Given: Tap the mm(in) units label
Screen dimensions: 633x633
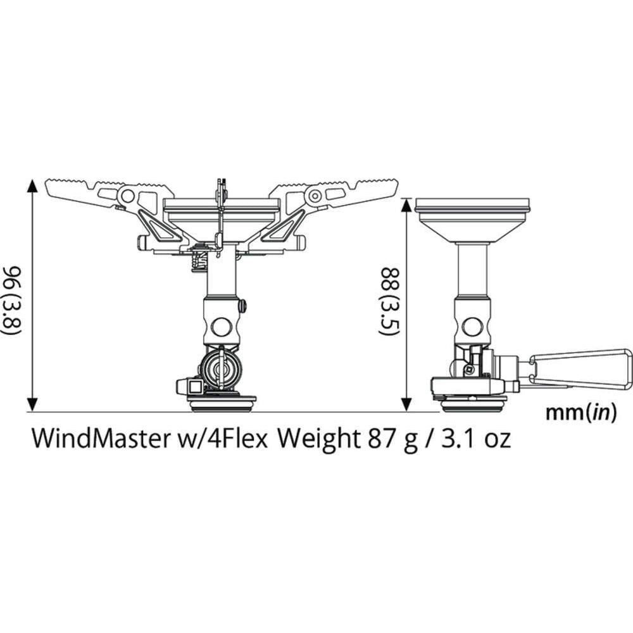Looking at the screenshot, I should click(x=580, y=413).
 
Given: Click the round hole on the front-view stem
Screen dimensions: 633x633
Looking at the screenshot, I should click(x=221, y=327).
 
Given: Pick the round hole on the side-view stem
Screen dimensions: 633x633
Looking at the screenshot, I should click(x=471, y=327).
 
